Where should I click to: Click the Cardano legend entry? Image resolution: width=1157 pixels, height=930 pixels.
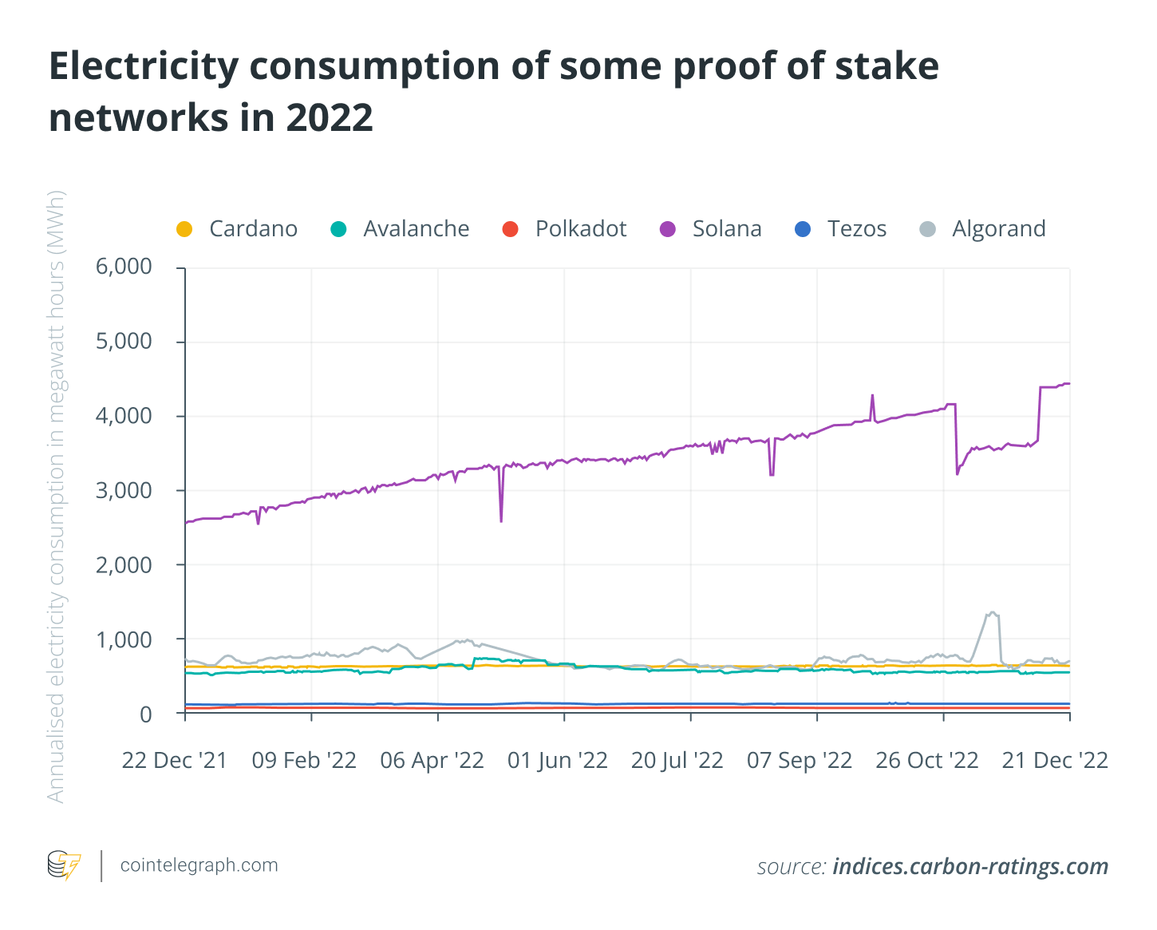(237, 229)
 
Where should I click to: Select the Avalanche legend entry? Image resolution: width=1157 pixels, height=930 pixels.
(401, 229)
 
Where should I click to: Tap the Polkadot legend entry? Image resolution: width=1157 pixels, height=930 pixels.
(565, 229)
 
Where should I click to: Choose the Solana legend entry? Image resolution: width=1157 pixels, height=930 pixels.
(711, 229)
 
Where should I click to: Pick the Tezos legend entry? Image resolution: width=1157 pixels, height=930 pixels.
(841, 229)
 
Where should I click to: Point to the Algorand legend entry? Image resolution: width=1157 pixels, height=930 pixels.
(982, 229)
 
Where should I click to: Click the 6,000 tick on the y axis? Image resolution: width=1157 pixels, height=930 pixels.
(124, 267)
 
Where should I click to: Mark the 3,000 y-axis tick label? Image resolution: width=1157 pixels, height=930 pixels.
(124, 490)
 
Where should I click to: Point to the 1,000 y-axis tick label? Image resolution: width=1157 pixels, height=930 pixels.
(124, 639)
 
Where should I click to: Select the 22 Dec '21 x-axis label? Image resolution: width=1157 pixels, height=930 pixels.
(175, 761)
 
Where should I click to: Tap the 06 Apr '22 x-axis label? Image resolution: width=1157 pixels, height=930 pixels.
(432, 761)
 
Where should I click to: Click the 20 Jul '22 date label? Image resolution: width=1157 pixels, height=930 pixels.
(677, 761)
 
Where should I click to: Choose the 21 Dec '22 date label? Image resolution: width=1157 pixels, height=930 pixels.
(1055, 761)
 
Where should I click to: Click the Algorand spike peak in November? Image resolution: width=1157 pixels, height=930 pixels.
(992, 612)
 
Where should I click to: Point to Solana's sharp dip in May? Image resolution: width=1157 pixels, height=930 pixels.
(501, 520)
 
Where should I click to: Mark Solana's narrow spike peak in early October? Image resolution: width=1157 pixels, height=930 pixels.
(872, 395)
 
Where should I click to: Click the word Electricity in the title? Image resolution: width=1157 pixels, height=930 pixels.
(144, 66)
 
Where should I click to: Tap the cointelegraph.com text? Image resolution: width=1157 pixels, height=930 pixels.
(199, 865)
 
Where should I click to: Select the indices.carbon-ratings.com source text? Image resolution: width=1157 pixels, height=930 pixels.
(970, 866)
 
